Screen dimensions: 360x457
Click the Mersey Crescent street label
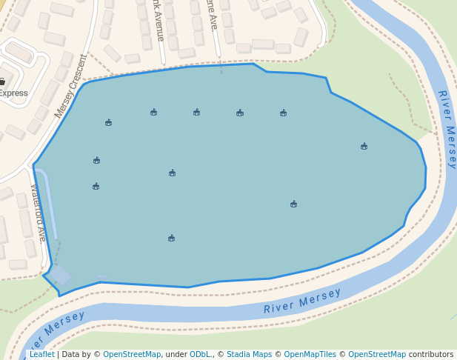click(x=70, y=87)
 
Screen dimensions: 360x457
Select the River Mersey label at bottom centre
click(x=302, y=301)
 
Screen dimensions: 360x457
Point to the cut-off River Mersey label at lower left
click(x=55, y=331)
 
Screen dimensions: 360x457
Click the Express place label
click(x=13, y=93)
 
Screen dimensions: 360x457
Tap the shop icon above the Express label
click(x=2, y=81)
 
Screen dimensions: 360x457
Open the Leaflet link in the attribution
click(x=41, y=355)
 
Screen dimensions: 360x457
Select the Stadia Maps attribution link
click(x=249, y=355)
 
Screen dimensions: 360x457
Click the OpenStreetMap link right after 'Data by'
click(x=132, y=355)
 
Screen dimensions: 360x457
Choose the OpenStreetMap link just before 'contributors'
click(x=377, y=355)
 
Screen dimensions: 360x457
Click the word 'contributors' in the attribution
click(x=431, y=355)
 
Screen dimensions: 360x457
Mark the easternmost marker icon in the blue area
click(x=364, y=147)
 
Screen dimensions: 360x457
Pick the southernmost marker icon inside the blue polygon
click(x=171, y=239)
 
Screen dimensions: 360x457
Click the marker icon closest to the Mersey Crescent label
click(x=108, y=123)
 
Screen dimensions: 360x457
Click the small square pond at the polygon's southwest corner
click(x=60, y=276)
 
